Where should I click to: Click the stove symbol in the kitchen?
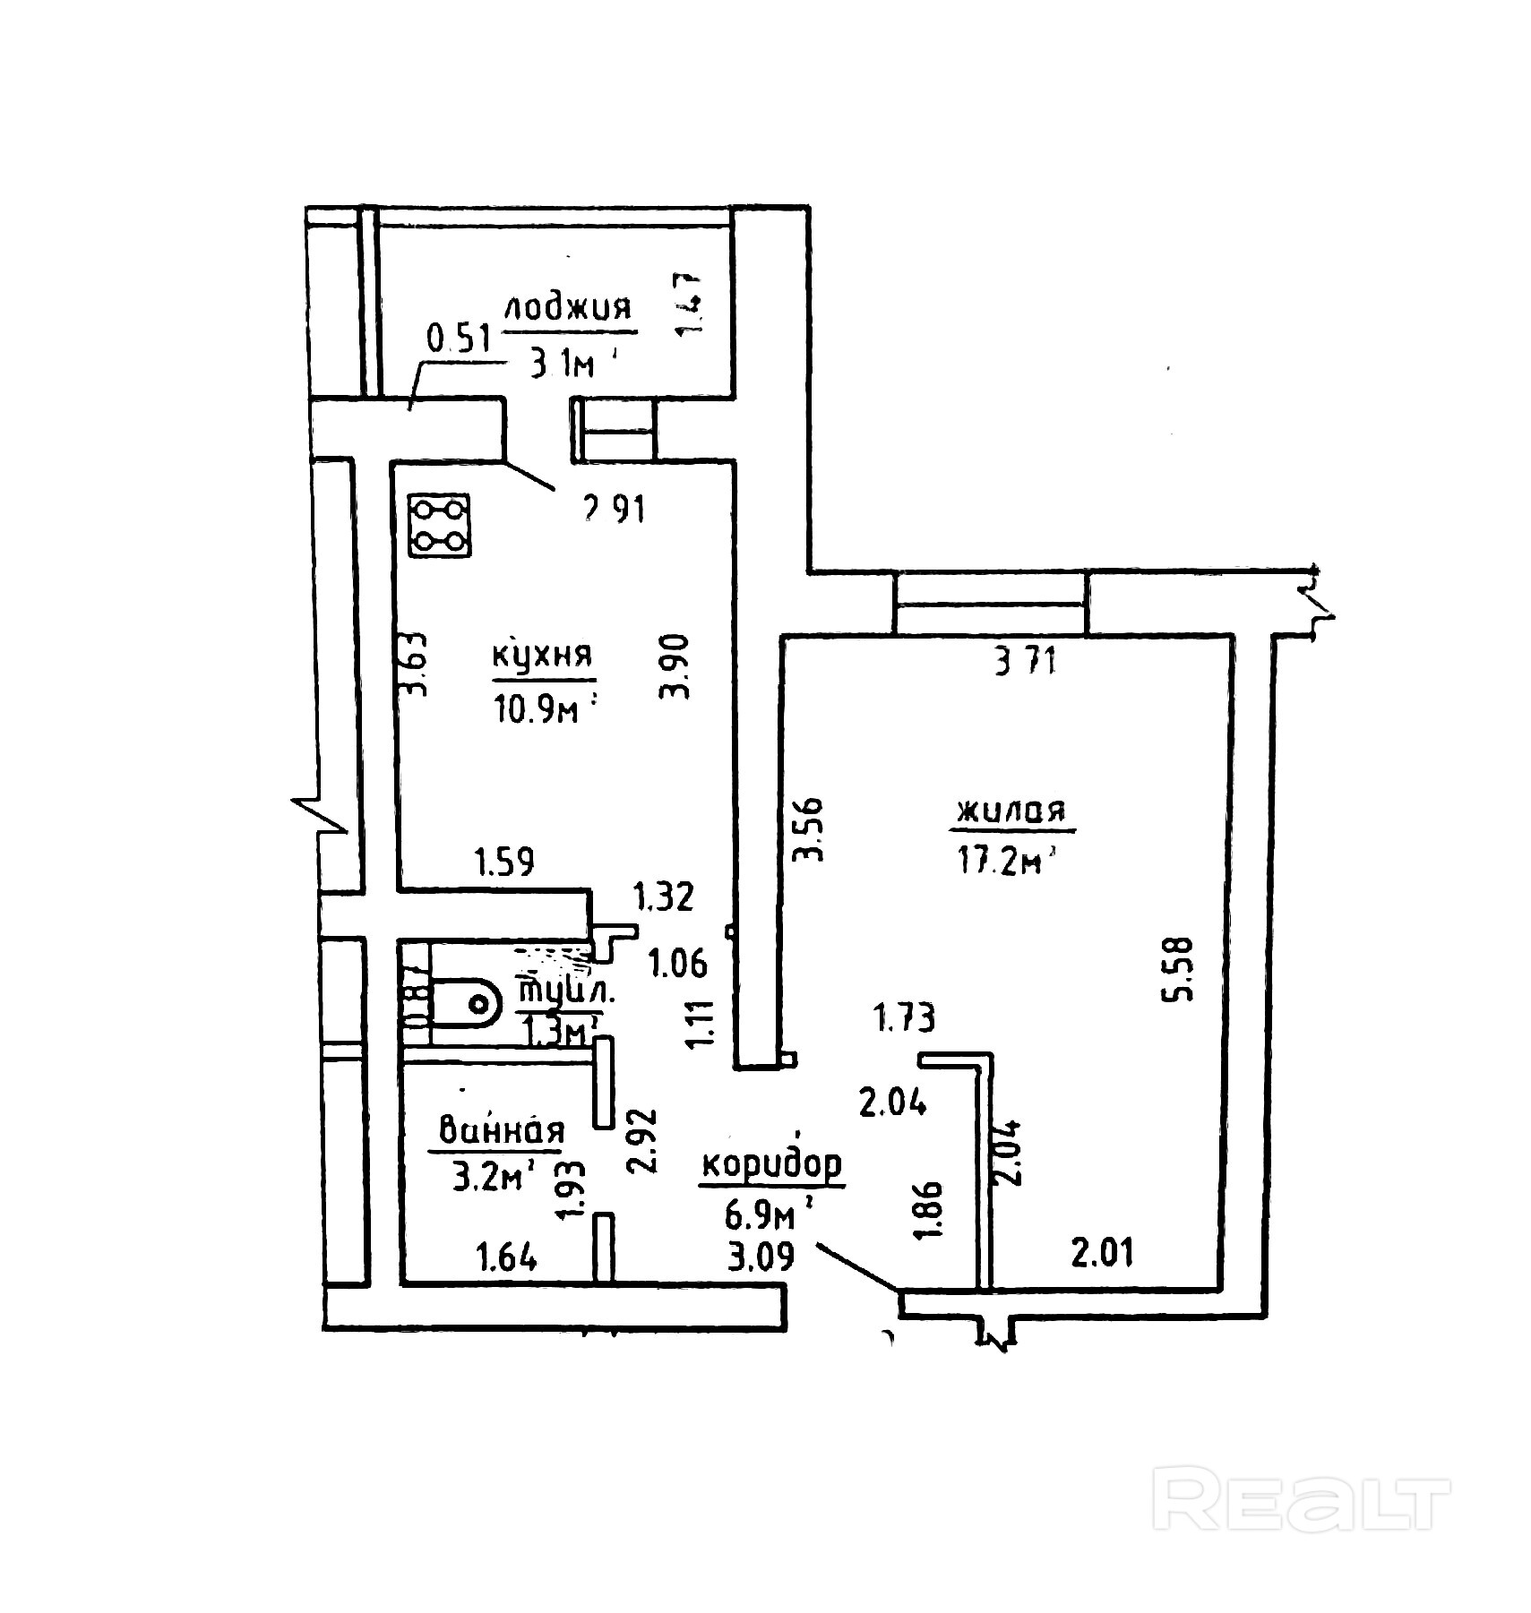440,526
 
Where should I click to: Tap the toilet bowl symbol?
466,1002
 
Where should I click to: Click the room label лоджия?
568,308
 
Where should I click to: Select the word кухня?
543,655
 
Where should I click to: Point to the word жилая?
1012,811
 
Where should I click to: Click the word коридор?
771,1165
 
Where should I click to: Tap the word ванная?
501,1131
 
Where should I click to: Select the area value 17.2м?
1003,862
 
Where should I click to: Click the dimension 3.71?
1026,661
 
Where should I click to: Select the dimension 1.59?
504,862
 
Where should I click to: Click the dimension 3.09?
761,1257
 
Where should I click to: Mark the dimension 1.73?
905,1017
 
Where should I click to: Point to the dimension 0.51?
460,339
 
